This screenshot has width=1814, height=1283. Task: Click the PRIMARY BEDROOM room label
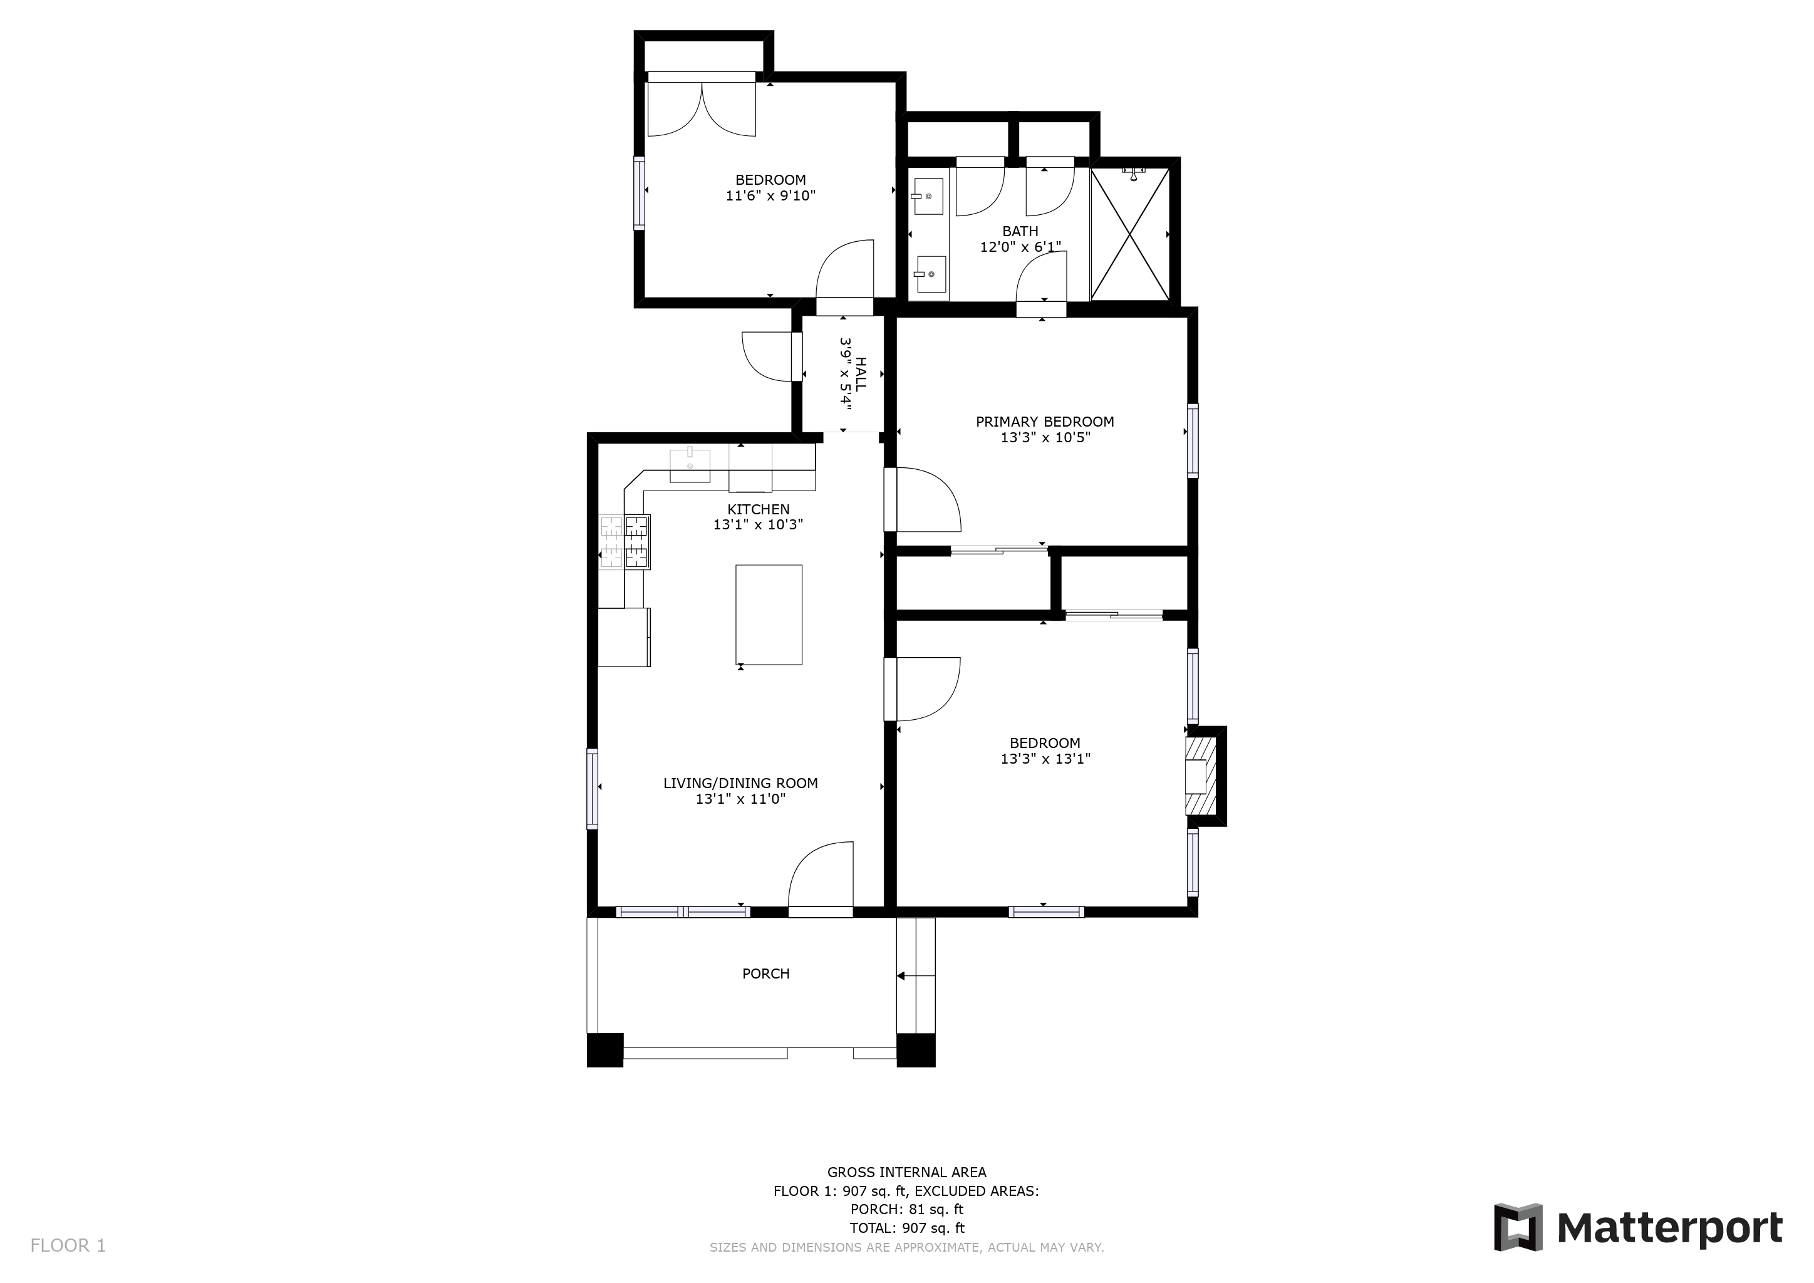(1044, 422)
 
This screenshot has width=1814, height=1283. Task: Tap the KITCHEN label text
(759, 509)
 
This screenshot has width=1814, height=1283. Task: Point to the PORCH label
(765, 974)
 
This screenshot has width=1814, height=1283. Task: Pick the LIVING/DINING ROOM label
(740, 783)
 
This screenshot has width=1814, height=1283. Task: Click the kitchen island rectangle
(769, 615)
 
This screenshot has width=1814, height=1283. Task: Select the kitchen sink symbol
(690, 465)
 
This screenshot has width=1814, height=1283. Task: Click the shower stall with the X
(1130, 234)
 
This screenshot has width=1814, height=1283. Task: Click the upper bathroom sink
(928, 196)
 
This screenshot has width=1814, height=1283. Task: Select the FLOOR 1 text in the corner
(68, 1246)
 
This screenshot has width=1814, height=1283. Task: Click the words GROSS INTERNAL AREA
(907, 1172)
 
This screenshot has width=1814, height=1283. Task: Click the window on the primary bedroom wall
(1193, 441)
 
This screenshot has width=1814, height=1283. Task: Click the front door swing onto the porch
(821, 875)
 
